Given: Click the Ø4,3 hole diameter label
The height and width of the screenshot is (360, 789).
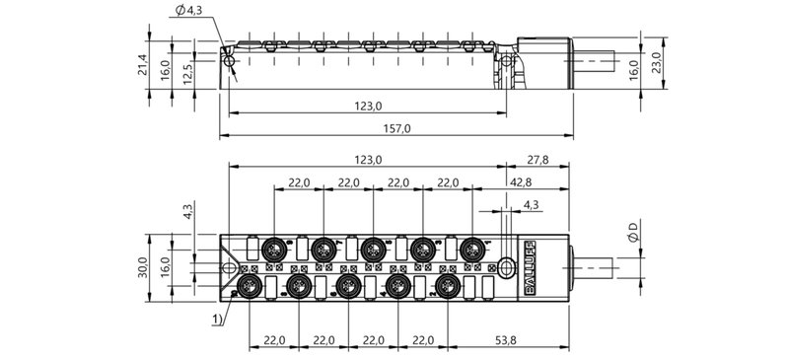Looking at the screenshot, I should point(186,11).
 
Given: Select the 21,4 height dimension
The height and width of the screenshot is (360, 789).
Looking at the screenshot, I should point(142,66).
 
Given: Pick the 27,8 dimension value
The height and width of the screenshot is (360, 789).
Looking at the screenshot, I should point(538,158).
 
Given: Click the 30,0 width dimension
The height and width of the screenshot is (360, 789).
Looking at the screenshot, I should point(142,266).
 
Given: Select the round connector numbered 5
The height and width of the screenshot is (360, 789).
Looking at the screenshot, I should point(372,250).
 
